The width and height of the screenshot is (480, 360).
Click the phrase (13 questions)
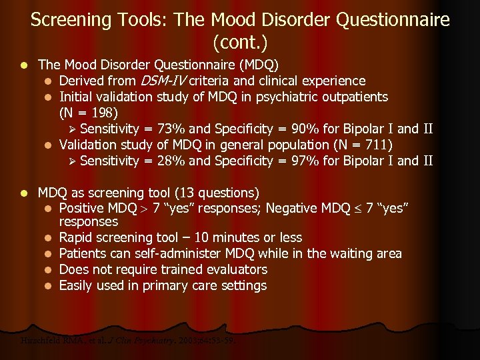tap(217, 193)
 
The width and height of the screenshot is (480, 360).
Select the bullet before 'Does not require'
tap(49, 270)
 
